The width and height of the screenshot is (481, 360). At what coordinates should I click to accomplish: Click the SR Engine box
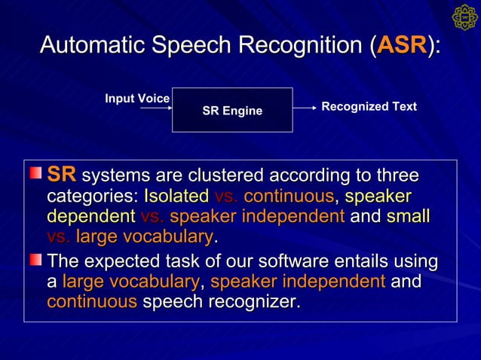point(232,110)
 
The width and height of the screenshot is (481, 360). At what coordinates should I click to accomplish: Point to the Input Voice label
point(137,99)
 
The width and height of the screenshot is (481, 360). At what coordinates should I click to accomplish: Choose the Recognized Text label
point(369,107)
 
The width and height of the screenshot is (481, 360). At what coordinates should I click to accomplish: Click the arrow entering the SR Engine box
point(156,108)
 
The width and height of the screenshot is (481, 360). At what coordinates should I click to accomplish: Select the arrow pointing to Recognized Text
point(305,108)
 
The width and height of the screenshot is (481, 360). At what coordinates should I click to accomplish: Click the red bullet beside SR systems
point(35,174)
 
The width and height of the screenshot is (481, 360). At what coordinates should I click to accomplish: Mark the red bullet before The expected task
point(35,260)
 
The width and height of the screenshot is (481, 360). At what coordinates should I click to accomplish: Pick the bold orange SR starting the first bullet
point(62,175)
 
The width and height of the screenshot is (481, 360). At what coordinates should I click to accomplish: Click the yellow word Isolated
point(176,197)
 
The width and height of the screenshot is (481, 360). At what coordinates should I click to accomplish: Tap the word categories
point(90,197)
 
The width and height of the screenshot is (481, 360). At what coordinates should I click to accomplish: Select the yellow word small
point(408,217)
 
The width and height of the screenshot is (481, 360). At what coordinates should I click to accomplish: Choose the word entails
point(358,262)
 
